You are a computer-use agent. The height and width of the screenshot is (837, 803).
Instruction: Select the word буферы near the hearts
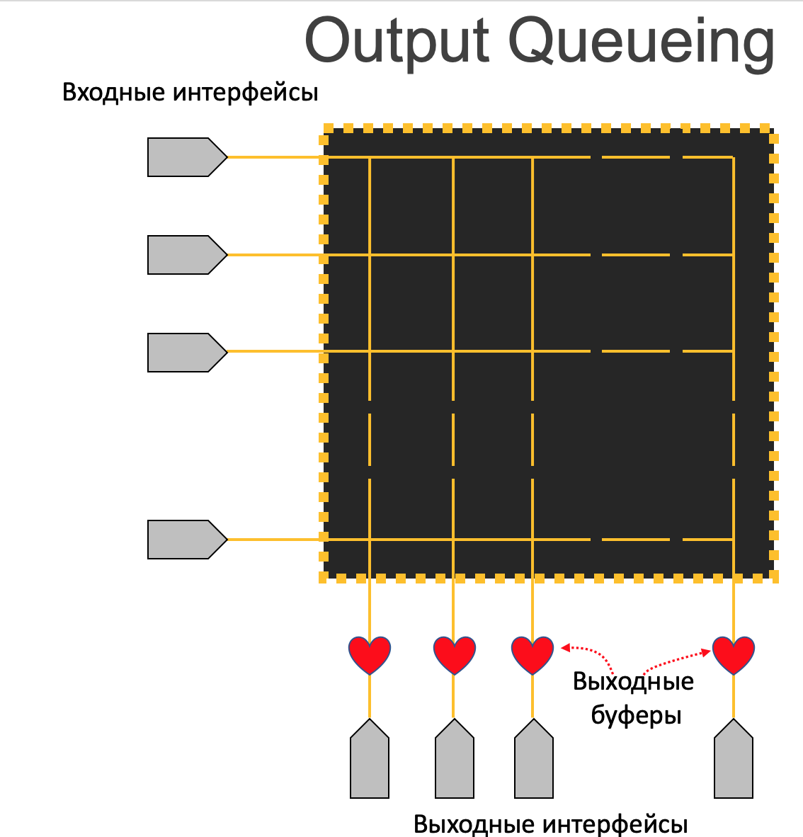pyautogui.click(x=636, y=716)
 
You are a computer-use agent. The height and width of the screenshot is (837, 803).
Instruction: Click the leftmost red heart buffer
pyautogui.click(x=370, y=654)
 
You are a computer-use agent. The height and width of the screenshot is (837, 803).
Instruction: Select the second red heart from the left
pyautogui.click(x=454, y=654)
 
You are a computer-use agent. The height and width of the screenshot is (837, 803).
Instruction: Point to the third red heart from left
pyautogui.click(x=533, y=654)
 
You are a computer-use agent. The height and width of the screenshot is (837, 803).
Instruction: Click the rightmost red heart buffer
pyautogui.click(x=734, y=654)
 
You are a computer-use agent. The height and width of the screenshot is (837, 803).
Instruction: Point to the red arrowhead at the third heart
pyautogui.click(x=565, y=647)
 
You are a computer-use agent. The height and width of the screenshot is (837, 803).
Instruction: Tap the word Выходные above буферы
pyautogui.click(x=633, y=682)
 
